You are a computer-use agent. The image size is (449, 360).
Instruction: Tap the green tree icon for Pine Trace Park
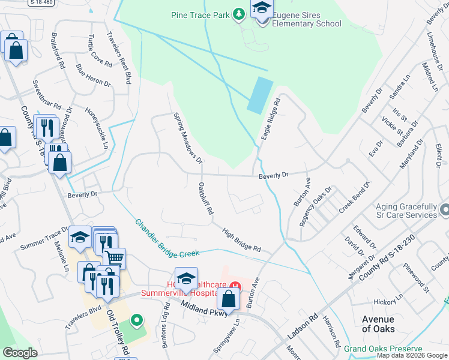tap(239, 13)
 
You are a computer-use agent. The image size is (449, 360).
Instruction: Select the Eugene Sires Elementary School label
tap(307, 20)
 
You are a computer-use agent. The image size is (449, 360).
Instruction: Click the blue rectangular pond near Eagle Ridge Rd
tap(260, 95)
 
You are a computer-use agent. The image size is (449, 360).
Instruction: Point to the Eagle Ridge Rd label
tap(271, 120)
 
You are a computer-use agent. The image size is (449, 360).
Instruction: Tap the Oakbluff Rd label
tap(206, 199)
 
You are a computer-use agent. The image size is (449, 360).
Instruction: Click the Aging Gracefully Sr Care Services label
tap(406, 210)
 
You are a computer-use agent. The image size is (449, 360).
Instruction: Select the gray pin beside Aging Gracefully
tap(444, 210)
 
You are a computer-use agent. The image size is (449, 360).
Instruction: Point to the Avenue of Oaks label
tap(378, 324)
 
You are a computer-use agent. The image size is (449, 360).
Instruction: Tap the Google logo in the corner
tap(20, 353)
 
